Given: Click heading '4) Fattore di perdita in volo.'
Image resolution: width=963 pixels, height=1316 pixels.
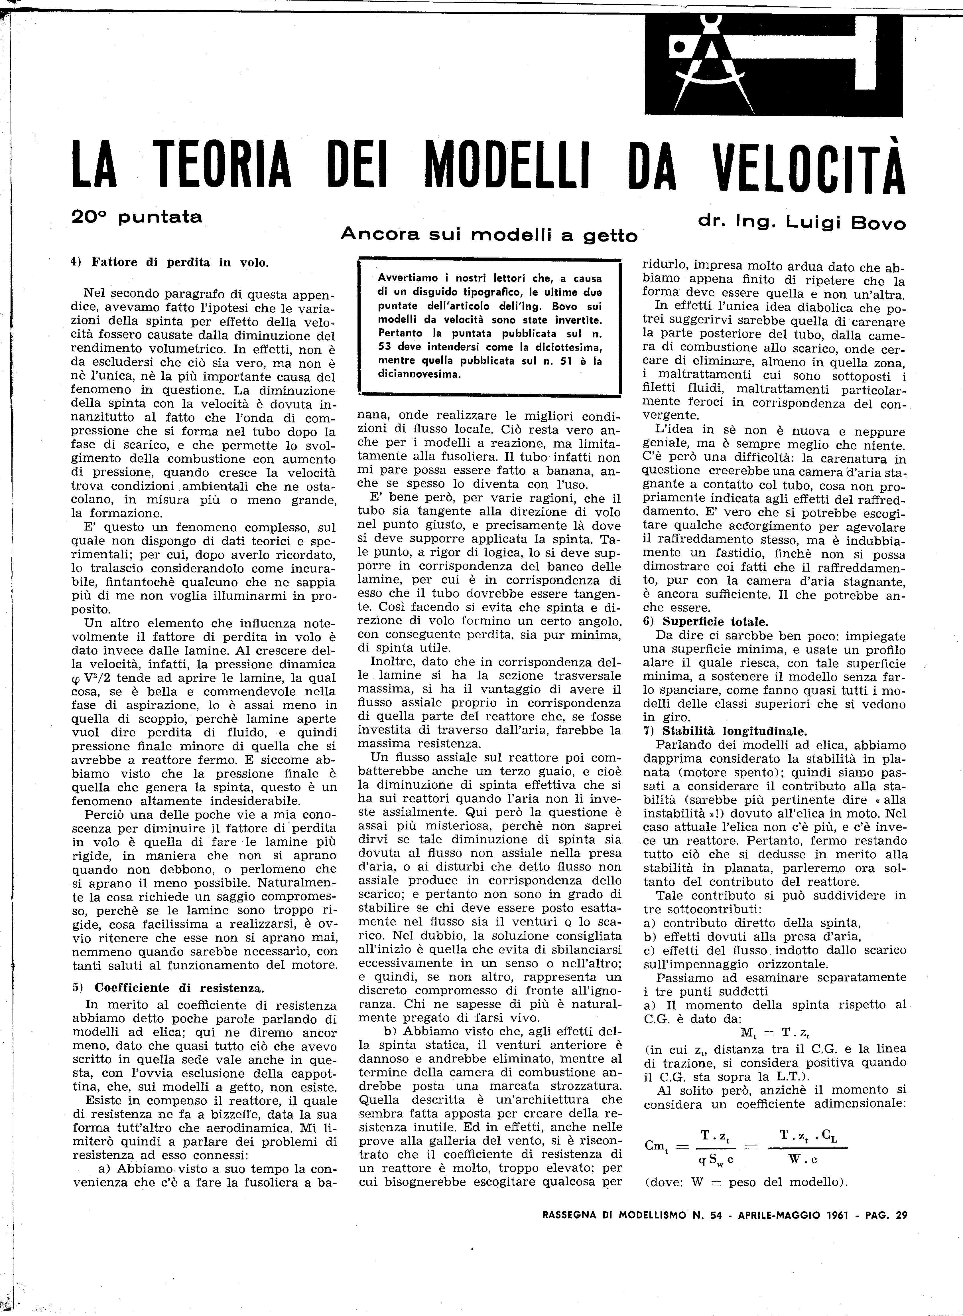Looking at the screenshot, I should pyautogui.click(x=170, y=262).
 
